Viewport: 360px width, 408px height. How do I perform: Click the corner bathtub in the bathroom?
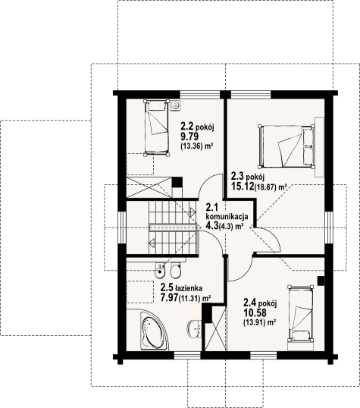(x=153, y=331)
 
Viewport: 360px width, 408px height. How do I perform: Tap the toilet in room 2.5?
(x=176, y=270)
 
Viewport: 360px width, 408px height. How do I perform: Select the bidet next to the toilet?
(x=159, y=270)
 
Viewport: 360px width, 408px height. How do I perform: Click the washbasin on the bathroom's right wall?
(x=195, y=328)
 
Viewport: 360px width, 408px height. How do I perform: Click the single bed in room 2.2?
(x=156, y=127)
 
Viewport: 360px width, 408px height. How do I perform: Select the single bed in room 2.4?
(x=301, y=313)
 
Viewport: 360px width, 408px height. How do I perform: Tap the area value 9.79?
(x=189, y=136)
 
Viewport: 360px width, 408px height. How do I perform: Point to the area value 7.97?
(x=169, y=297)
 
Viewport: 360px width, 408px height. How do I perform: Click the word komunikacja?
(x=227, y=216)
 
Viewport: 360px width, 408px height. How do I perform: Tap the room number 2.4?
(x=250, y=303)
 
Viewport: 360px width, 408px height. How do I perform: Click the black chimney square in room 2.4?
(x=321, y=281)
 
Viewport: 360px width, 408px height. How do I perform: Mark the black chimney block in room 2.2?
(x=177, y=182)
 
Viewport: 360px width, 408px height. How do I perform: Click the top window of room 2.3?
(x=251, y=94)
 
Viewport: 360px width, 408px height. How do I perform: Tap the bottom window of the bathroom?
(x=187, y=356)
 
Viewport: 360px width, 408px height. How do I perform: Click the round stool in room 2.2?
(x=175, y=105)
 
